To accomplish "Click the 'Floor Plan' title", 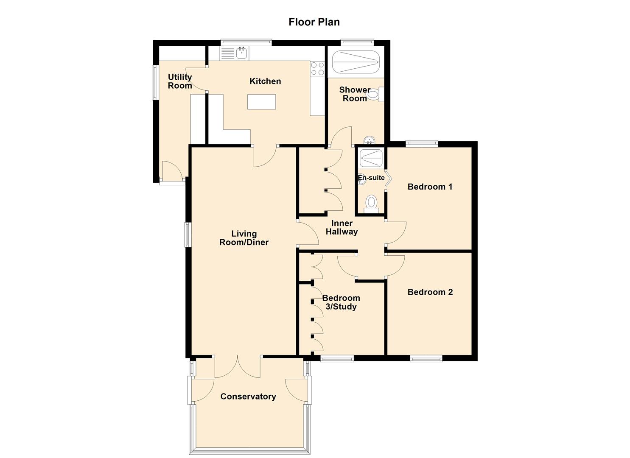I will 314,22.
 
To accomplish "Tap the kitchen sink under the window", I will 241,53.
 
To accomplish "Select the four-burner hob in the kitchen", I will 317,69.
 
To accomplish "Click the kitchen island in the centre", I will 261,102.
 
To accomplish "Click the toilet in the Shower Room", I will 375,95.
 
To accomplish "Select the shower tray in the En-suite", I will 371,158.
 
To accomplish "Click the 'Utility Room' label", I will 180,81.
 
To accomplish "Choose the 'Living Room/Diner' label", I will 244,238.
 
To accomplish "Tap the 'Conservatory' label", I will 248,397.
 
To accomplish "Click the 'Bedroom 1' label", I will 430,187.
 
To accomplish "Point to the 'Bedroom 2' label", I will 430,292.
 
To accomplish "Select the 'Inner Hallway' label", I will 342,227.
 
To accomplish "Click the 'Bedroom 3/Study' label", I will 341,302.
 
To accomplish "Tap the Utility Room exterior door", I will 172,172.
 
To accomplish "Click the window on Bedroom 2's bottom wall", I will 426,359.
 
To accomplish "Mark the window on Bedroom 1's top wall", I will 422,144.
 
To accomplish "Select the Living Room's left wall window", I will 187,235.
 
